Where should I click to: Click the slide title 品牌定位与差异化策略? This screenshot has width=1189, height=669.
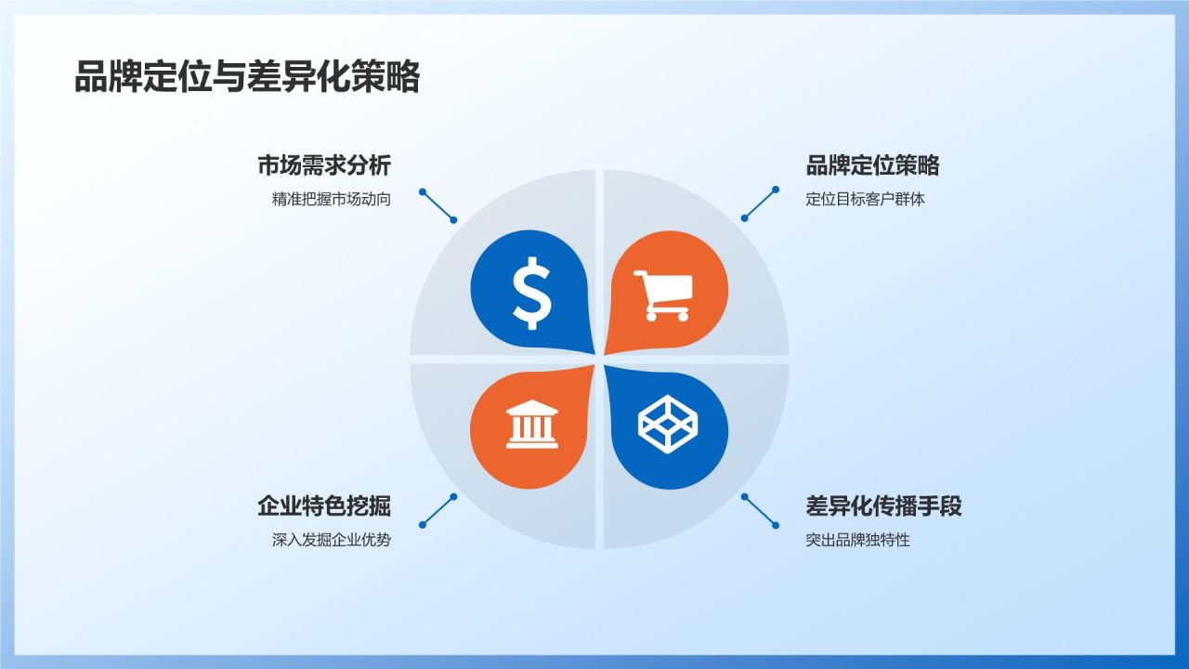pos(246,77)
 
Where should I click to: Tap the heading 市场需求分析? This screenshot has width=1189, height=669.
pos(324,166)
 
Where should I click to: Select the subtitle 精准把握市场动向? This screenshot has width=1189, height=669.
pos(332,199)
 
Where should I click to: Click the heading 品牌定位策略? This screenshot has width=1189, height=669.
pos(872,166)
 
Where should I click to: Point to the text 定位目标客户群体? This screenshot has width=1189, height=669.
pos(866,199)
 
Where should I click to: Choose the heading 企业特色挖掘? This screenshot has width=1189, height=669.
pos(324,506)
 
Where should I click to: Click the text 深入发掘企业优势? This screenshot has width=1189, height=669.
pos(332,540)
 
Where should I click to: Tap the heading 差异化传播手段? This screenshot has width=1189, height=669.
pos(883,506)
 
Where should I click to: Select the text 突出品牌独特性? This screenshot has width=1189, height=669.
pos(858,540)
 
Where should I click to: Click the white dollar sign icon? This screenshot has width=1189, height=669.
pos(532,290)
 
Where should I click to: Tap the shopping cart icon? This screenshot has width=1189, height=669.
pos(662,295)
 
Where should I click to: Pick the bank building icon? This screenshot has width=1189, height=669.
pos(532,426)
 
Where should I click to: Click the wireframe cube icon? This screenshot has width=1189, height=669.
pos(667,426)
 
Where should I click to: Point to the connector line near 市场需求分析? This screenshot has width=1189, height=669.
pos(438,206)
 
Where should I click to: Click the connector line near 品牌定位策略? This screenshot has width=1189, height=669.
pos(760,203)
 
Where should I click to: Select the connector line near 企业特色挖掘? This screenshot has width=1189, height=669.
pos(438,510)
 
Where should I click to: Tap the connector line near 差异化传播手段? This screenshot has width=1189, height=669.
pos(760,510)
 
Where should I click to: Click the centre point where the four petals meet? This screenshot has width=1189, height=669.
pos(599,359)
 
